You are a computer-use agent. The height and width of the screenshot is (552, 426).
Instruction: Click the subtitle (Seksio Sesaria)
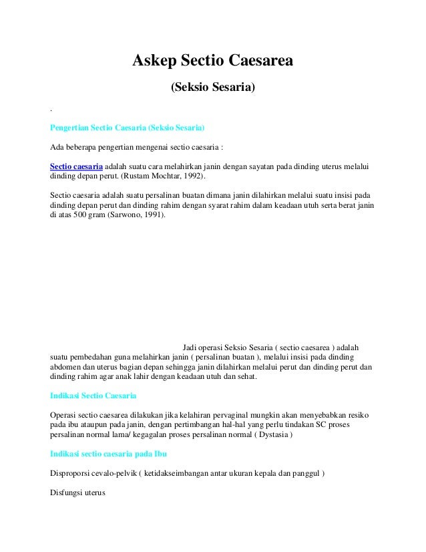tap(213, 87)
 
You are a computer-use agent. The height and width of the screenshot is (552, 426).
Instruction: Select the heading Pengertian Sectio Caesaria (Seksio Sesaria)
tap(128, 127)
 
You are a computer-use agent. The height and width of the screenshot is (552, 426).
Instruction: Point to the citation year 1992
tap(194, 177)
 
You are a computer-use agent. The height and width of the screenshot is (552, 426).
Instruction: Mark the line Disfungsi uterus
tap(73, 494)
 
